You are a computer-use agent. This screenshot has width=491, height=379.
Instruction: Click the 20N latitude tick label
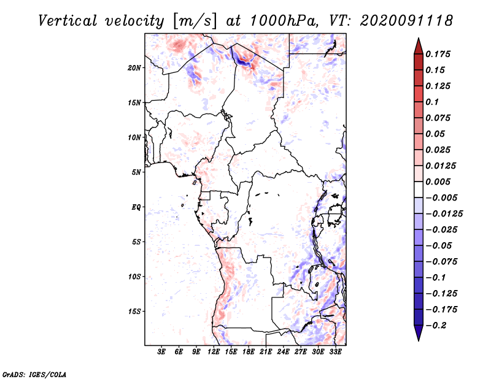(x=134, y=67)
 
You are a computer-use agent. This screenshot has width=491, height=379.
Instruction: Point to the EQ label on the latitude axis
(x=136, y=207)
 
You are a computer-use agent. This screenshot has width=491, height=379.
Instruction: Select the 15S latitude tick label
(x=134, y=312)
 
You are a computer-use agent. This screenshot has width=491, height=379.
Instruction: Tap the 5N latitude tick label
(x=136, y=172)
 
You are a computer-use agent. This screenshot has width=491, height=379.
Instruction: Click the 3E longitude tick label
(x=162, y=353)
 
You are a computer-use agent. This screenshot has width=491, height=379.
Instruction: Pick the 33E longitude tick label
(x=335, y=353)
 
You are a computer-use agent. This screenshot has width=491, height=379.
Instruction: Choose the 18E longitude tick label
(x=249, y=353)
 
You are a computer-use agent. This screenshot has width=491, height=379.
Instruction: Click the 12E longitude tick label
(x=214, y=353)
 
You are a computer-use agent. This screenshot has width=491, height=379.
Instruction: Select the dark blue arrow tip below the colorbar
(x=418, y=337)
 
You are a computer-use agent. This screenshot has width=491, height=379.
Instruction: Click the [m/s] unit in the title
(x=196, y=20)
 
